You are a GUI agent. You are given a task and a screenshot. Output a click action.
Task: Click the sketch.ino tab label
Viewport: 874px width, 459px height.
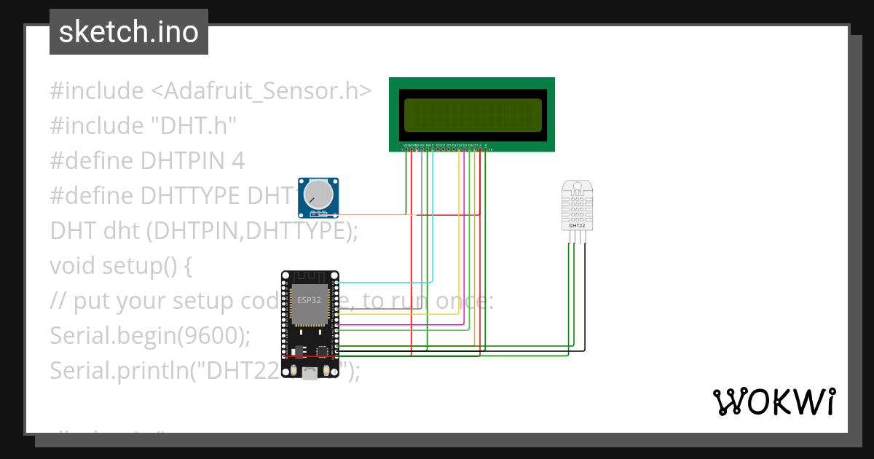tap(129, 32)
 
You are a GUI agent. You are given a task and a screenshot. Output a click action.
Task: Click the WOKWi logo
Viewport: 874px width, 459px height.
tap(773, 401)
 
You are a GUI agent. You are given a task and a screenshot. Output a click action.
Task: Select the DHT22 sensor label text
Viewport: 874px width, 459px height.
tap(577, 226)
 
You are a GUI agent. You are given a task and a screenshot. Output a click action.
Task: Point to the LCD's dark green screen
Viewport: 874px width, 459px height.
tap(472, 114)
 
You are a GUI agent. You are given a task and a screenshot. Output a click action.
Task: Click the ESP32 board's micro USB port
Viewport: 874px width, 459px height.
tap(310, 374)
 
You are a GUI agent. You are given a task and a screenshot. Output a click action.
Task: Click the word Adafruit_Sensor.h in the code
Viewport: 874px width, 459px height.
tap(261, 91)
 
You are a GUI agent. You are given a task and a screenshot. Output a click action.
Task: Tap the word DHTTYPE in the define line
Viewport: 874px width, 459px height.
tap(190, 196)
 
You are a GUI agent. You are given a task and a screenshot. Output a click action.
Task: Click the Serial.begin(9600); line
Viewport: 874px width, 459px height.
tap(150, 336)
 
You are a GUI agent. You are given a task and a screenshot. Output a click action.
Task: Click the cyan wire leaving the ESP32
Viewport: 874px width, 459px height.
tap(386, 282)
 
